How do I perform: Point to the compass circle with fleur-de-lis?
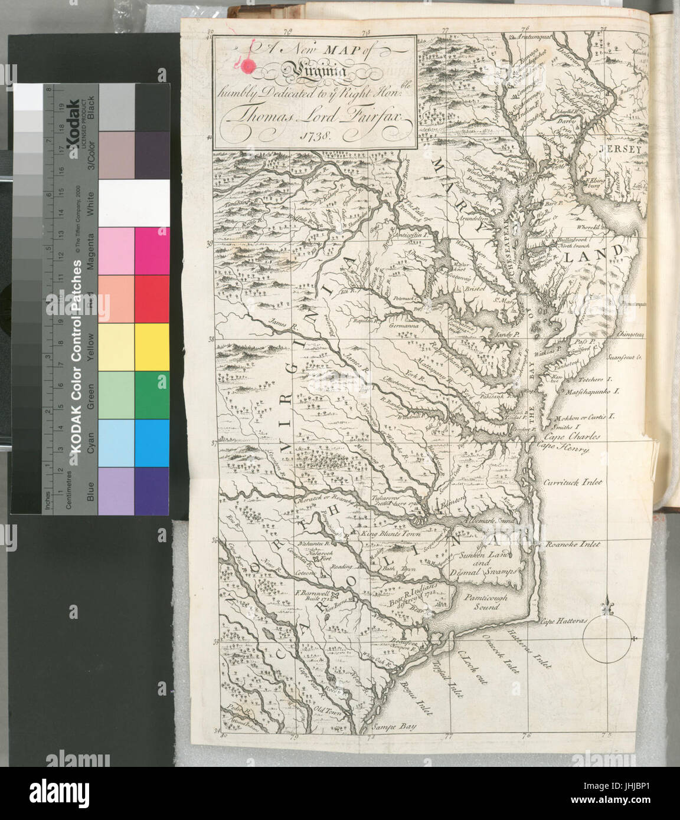pyautogui.click(x=609, y=638)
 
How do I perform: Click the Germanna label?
pyautogui.click(x=404, y=325)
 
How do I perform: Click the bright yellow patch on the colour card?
pyautogui.click(x=152, y=347)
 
